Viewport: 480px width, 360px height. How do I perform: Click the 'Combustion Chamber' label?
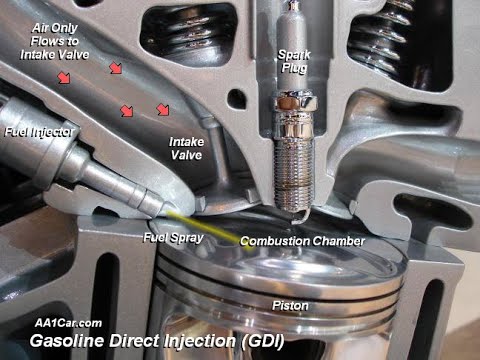301,241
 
